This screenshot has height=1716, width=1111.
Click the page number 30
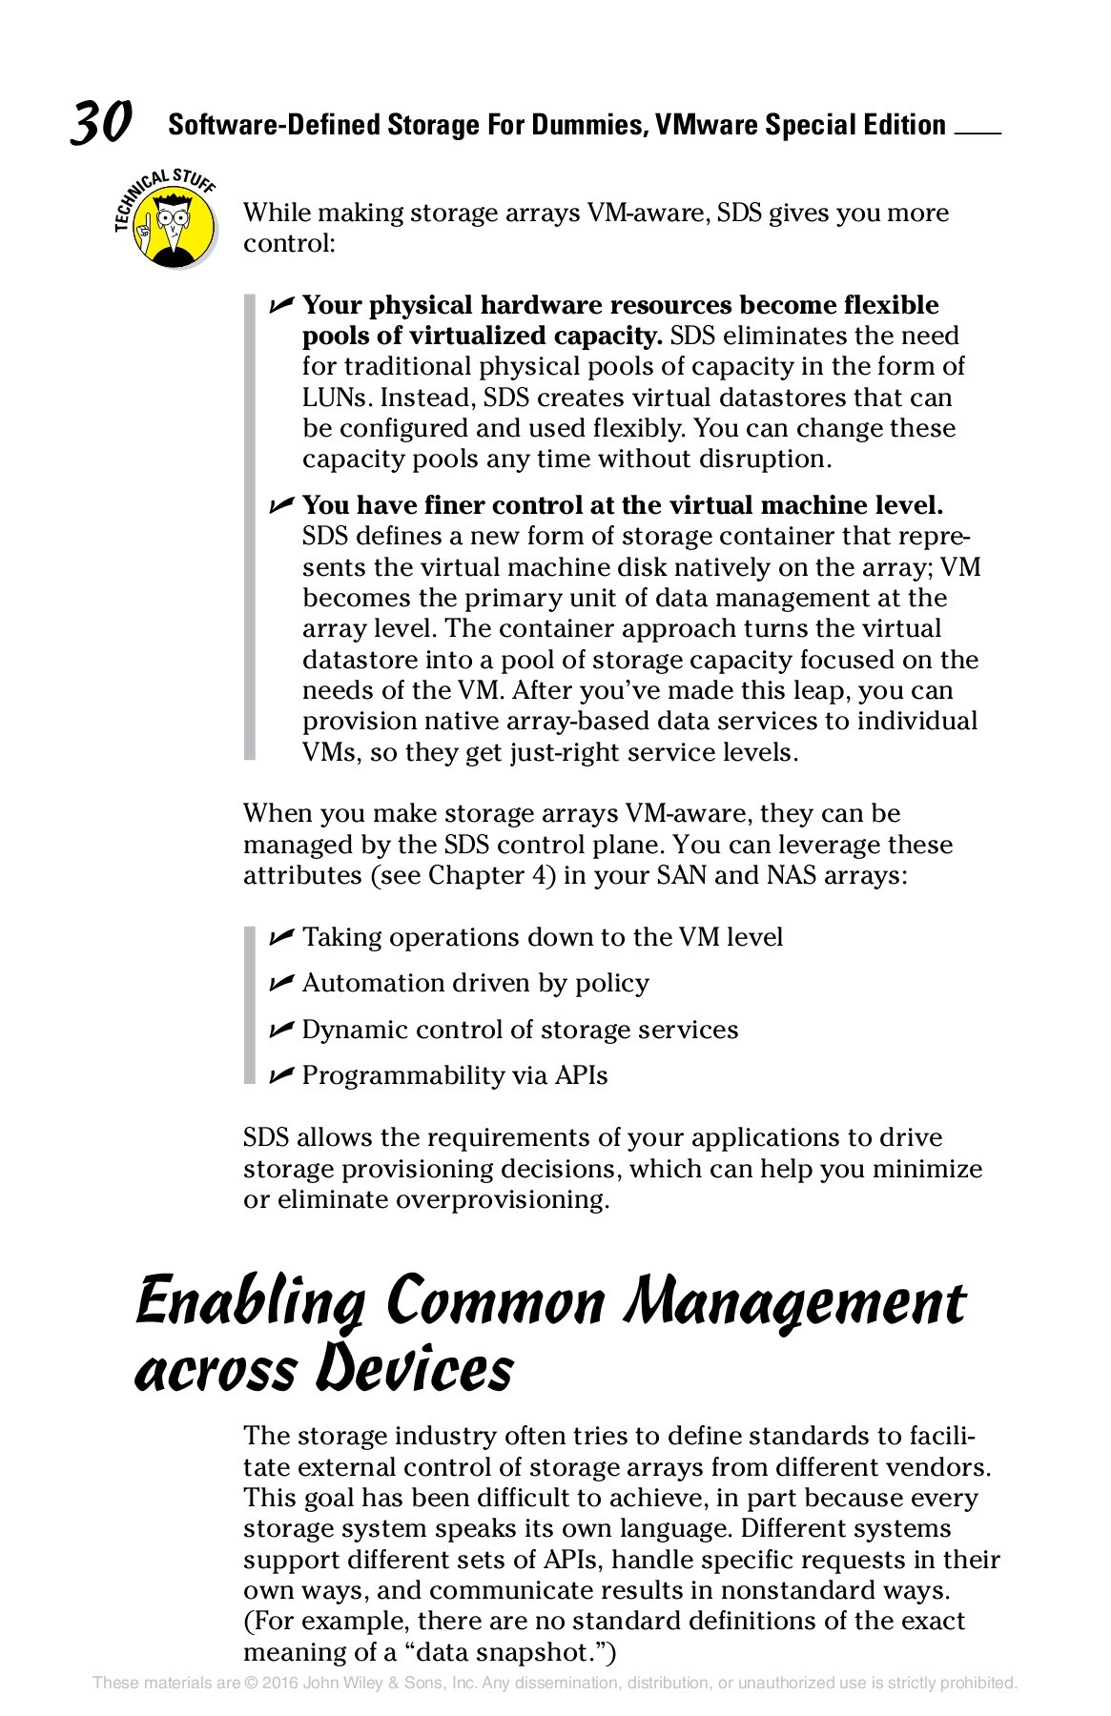pyautogui.click(x=100, y=124)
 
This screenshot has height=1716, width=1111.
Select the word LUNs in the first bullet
pyautogui.click(x=338, y=398)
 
